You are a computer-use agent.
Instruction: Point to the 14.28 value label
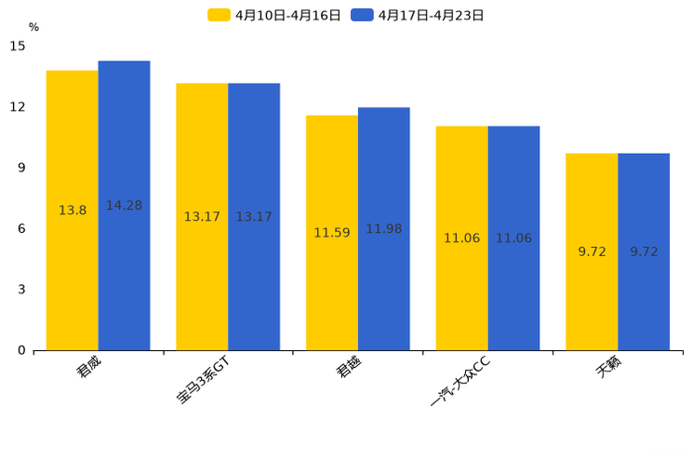124,206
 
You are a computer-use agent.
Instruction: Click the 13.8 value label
73,211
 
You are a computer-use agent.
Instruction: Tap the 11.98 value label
383,229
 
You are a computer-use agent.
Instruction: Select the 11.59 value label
332,233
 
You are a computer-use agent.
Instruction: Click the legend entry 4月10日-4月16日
274,15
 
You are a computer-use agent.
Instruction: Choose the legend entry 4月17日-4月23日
418,15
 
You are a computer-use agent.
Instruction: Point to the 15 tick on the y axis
18,46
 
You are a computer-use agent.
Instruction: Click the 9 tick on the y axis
21,168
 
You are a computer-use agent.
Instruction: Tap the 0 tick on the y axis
21,350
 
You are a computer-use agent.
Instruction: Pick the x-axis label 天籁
610,368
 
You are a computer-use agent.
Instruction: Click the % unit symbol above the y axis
33,28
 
